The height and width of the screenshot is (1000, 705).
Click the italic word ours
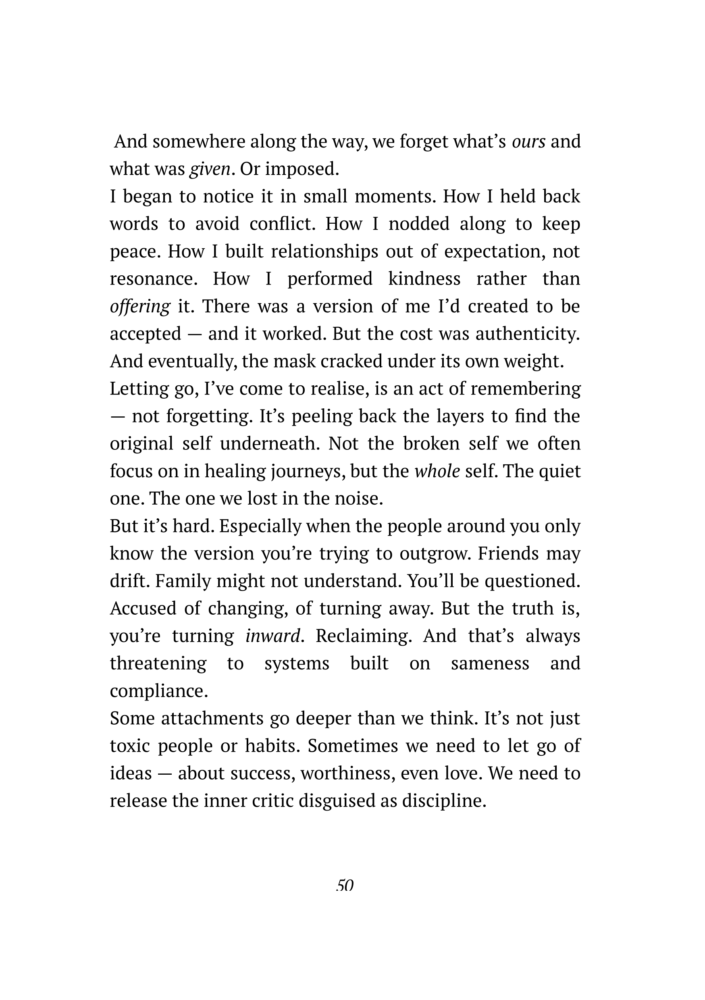(x=528, y=141)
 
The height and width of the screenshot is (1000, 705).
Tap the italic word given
(x=210, y=169)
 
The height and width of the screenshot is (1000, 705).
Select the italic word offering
(x=140, y=307)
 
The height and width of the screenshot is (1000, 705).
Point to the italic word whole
(x=437, y=471)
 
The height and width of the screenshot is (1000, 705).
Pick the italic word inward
(x=273, y=636)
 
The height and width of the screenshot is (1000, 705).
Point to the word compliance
(x=158, y=691)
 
